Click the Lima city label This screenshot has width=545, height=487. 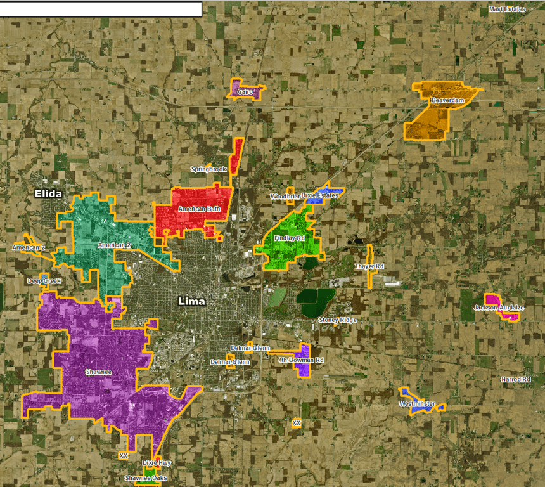point(192,301)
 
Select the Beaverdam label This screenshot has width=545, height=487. point(447,101)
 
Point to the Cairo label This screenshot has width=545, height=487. point(245,92)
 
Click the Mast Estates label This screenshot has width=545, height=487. point(507,10)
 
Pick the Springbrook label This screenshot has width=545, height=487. point(208,169)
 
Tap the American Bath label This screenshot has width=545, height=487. point(199,209)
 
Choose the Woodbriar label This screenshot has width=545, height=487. point(285,197)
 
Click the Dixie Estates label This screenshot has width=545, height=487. point(320,195)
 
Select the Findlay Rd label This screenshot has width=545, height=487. point(290,238)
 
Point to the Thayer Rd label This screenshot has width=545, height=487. point(369,266)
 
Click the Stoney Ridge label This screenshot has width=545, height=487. point(338,320)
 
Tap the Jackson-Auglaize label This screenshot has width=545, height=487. point(499,308)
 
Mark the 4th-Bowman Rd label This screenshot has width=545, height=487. point(301,360)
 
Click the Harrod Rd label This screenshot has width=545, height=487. point(515,379)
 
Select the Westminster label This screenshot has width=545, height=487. point(417,404)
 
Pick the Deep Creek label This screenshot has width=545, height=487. point(44,280)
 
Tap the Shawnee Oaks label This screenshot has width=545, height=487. point(146,478)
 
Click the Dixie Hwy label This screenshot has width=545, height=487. point(157,463)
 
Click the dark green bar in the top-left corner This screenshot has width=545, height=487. point(101,9)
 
